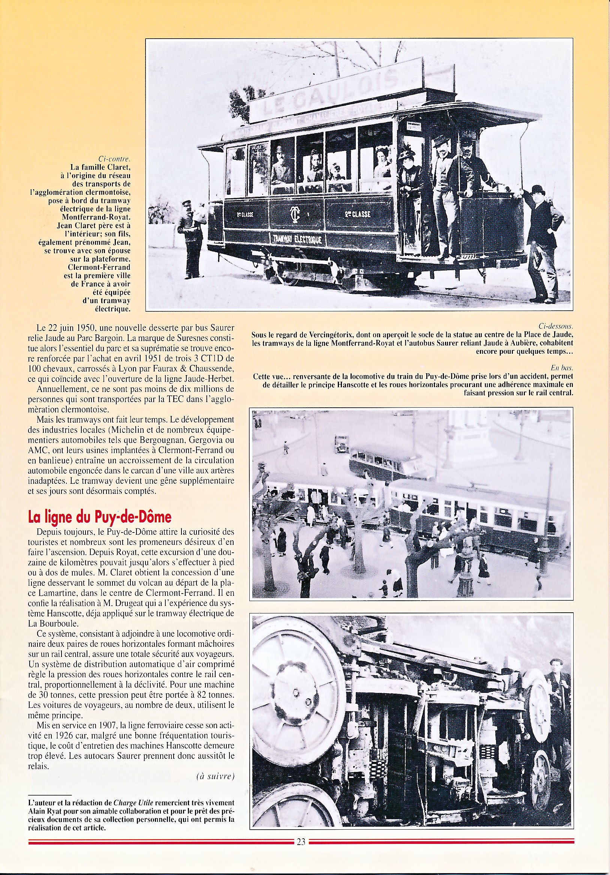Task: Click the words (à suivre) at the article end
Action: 216,776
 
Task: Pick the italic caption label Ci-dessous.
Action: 556,326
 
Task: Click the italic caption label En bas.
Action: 562,368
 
